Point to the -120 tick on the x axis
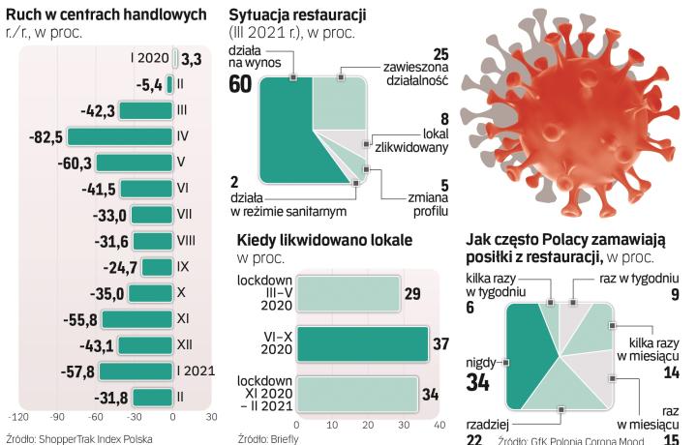coord(17,418)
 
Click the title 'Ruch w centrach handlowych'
coord(106,15)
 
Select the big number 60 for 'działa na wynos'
coord(240,84)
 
